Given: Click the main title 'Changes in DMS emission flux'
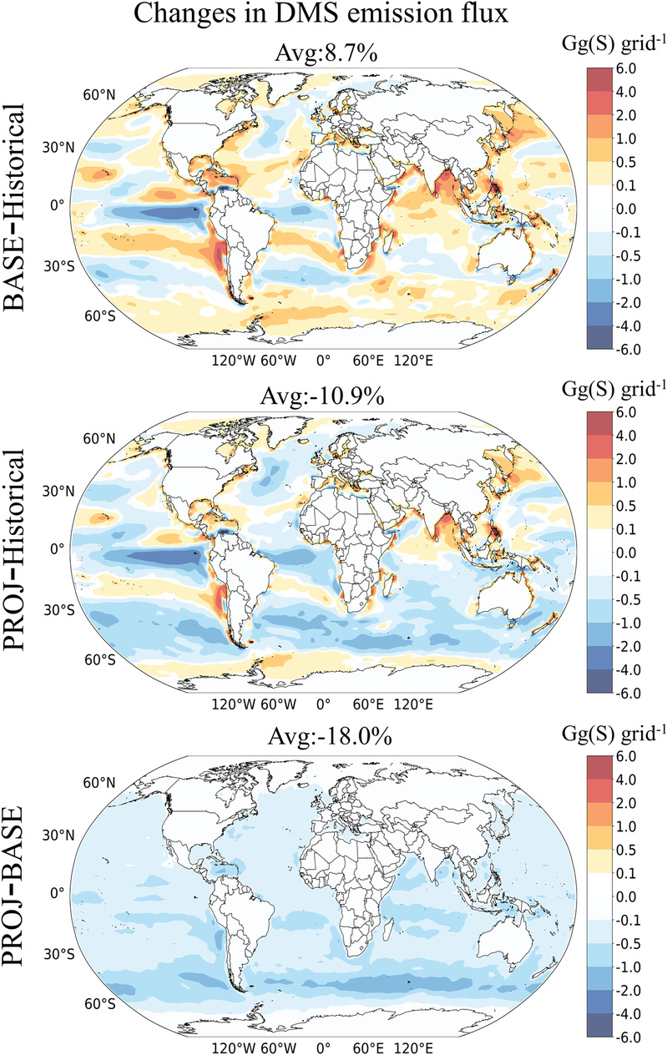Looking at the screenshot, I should click(333, 18).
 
